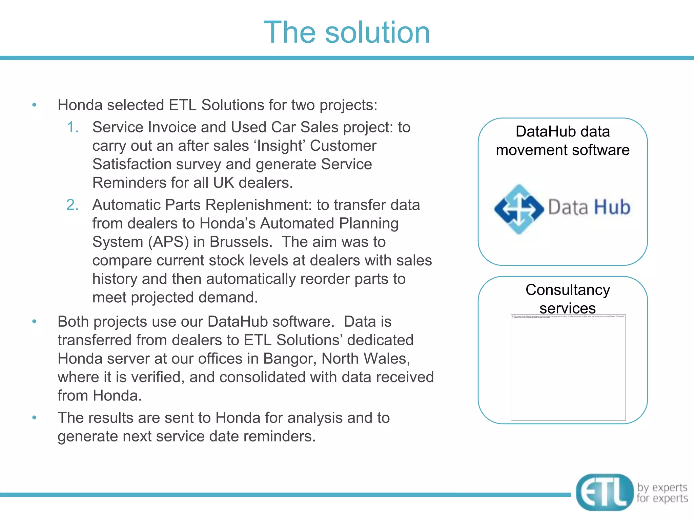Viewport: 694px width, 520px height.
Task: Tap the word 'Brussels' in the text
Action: coord(241,242)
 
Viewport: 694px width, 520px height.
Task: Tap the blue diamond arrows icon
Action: coord(519,209)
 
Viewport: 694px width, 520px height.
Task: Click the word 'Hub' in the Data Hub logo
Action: coord(612,207)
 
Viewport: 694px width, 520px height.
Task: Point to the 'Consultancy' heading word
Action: coord(568,290)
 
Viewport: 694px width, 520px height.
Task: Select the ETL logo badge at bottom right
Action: coord(604,492)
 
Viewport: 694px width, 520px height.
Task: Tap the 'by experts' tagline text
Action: coord(662,487)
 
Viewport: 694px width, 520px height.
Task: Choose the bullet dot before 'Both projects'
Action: coord(34,322)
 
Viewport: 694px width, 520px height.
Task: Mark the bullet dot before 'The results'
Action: coord(34,418)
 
